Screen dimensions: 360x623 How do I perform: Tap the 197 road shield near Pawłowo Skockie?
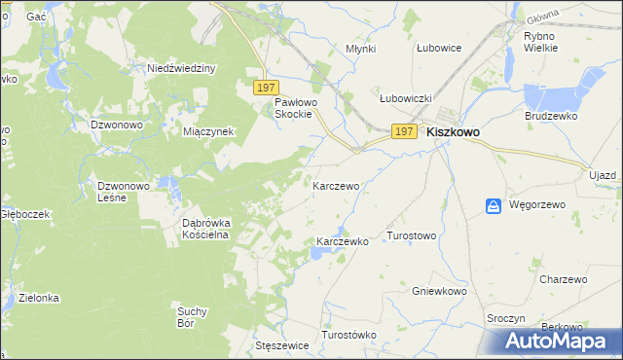(267, 88)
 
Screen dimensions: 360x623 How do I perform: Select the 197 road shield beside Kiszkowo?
(405, 131)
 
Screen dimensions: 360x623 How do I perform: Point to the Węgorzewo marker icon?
(494, 205)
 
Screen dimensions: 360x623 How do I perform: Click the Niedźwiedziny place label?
(181, 68)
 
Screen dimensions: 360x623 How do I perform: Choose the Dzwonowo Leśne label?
(124, 191)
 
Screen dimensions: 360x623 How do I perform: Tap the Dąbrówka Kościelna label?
(205, 228)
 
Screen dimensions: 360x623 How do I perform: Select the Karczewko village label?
(343, 241)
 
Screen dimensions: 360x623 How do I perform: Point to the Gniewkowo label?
(437, 291)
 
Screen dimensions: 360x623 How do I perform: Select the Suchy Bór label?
(192, 316)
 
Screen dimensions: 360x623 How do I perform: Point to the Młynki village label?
(361, 48)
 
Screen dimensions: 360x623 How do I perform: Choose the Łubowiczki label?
(405, 98)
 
